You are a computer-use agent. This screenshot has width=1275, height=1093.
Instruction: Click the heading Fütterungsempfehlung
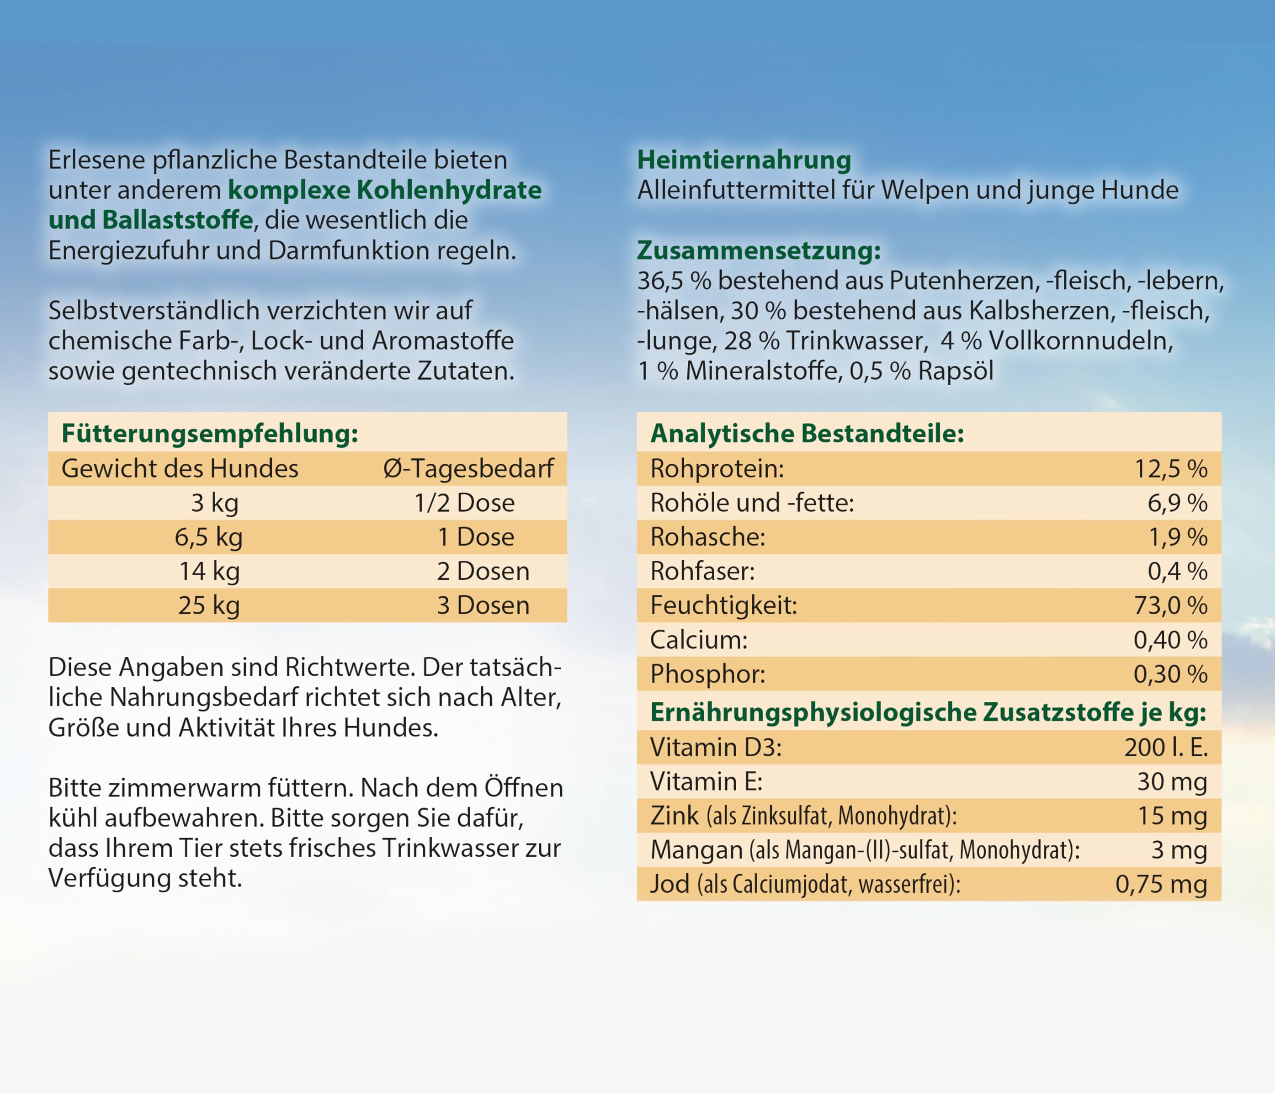tap(210, 433)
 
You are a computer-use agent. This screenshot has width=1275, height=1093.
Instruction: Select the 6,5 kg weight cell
tap(209, 537)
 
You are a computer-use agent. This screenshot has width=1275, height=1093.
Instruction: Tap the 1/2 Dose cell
tap(464, 503)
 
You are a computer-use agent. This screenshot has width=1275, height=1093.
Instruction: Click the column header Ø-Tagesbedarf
tap(468, 468)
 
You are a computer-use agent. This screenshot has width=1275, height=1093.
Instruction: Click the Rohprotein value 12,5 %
tap(1170, 469)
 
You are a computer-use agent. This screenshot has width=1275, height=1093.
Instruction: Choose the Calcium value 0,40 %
tap(1170, 640)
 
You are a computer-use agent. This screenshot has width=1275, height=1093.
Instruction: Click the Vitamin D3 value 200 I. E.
tap(1165, 747)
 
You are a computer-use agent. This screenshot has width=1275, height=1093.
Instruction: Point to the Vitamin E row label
tap(706, 782)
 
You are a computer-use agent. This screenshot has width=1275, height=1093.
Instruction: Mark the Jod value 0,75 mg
tap(1160, 884)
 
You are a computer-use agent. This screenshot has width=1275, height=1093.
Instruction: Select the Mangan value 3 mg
tap(1178, 850)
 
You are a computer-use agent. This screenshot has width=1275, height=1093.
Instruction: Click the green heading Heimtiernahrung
tap(744, 160)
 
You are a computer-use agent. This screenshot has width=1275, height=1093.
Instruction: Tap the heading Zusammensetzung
tap(759, 251)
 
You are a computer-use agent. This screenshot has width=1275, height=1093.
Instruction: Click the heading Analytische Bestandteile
tap(807, 433)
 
